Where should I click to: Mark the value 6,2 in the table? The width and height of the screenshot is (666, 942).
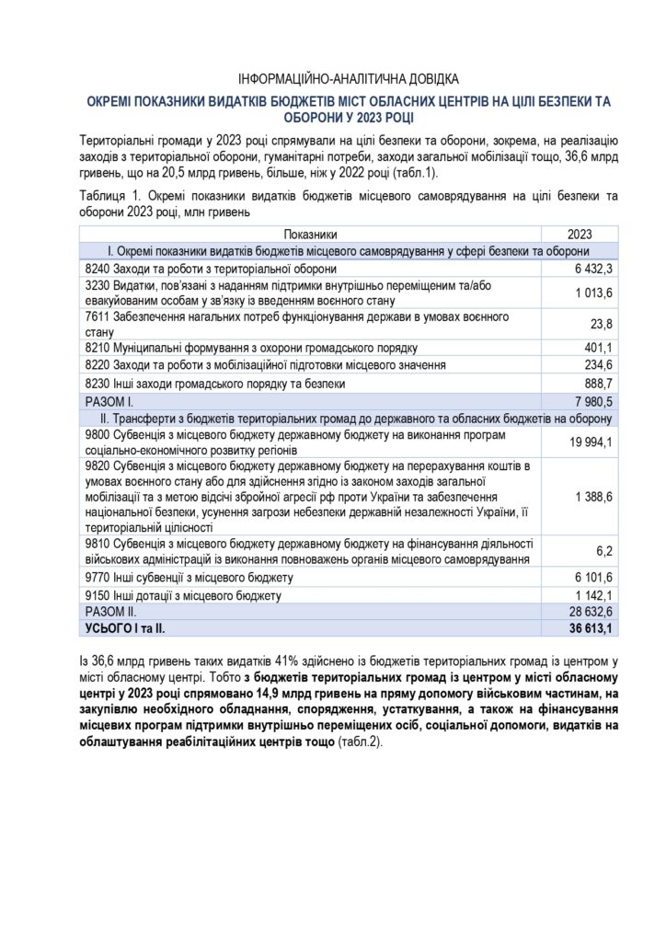tap(606, 551)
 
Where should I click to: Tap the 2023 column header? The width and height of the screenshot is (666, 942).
tap(580, 234)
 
